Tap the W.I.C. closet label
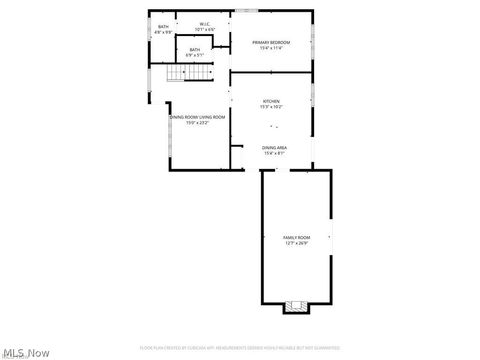tap(204, 24)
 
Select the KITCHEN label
tap(271, 101)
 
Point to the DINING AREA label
tap(274, 147)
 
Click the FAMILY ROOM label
tap(297, 237)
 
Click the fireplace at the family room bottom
tap(294, 305)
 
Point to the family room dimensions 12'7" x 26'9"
tap(297, 243)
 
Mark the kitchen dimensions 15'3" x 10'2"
tap(271, 107)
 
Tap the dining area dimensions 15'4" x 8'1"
tap(274, 153)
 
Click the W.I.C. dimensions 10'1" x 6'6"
tap(204, 30)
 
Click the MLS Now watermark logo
tap(27, 351)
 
